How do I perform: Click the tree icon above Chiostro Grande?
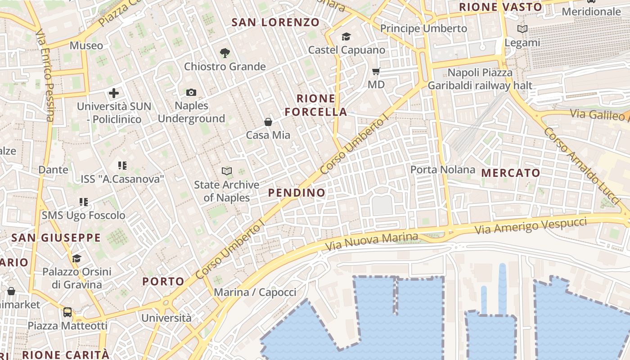coord(225,53)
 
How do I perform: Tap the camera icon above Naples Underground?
coord(191,92)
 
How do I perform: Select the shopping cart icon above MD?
coord(376,71)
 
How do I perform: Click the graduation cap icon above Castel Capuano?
coord(346,36)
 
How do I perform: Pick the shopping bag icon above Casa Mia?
coord(268,122)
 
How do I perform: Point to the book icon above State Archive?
coord(227,171)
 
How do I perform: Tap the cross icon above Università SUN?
coord(114,93)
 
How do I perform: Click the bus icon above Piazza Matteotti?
coord(67,312)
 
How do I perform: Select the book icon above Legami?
coord(522,29)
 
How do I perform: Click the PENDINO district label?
coord(297,193)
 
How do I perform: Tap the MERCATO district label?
coord(511,173)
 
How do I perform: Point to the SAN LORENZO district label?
coord(275,22)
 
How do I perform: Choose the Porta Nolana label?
coord(443,170)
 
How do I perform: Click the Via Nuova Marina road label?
coord(371,242)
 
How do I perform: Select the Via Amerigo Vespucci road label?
coord(531,225)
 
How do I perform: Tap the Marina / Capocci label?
coord(255,292)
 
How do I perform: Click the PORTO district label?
coord(163,282)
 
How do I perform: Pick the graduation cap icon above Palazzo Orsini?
coord(76,258)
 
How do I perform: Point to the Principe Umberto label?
coord(423,28)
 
